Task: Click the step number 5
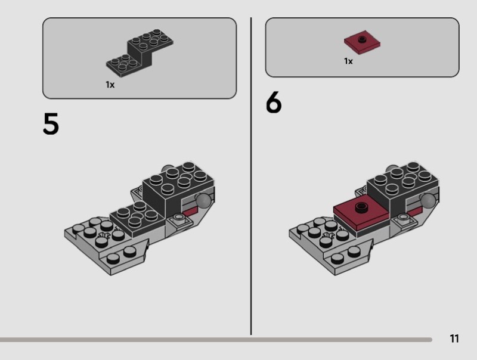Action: [51, 123]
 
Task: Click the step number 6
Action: [274, 102]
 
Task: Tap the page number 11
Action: [454, 339]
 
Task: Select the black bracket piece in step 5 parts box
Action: [140, 52]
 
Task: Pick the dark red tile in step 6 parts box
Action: [362, 42]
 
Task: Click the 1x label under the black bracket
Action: [110, 85]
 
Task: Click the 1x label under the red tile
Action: [348, 61]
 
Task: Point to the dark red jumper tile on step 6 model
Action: [361, 213]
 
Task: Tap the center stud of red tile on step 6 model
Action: [361, 207]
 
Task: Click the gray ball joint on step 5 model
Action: [203, 201]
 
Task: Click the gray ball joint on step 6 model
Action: [428, 201]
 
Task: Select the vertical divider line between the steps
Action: [251, 176]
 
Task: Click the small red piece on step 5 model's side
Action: [190, 212]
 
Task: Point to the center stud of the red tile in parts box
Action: [362, 39]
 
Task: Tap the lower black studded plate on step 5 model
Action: [138, 218]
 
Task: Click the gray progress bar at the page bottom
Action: [216, 340]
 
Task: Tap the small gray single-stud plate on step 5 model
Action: [179, 219]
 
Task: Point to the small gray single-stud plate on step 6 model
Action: [404, 219]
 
